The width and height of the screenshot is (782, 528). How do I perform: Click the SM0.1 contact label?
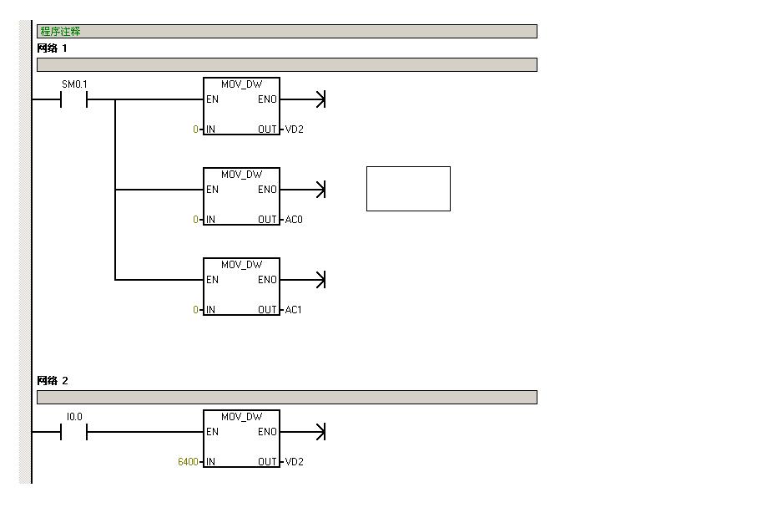click(x=74, y=84)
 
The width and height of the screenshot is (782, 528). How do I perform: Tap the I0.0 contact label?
click(x=74, y=417)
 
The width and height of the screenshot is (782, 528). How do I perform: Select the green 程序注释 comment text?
click(x=60, y=32)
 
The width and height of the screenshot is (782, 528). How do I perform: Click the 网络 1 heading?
click(x=52, y=48)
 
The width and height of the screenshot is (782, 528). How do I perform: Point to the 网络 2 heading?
click(x=53, y=381)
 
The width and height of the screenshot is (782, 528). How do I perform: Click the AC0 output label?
click(x=294, y=220)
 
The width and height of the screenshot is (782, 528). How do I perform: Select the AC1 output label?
click(x=293, y=310)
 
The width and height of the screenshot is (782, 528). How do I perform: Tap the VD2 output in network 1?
click(x=295, y=129)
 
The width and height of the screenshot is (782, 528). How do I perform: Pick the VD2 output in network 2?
click(x=295, y=462)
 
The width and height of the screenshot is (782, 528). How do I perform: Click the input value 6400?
click(x=188, y=462)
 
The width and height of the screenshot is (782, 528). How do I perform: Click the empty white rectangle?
click(x=408, y=189)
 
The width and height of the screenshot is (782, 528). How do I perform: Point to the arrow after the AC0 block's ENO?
click(x=303, y=190)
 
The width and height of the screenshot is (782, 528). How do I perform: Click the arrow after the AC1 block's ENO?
click(x=303, y=280)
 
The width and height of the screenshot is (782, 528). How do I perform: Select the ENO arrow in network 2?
click(x=303, y=432)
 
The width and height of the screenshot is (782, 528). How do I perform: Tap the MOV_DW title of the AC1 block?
click(x=241, y=265)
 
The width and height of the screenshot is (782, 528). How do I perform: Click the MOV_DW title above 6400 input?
click(x=241, y=417)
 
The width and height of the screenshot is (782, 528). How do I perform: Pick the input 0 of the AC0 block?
click(x=195, y=220)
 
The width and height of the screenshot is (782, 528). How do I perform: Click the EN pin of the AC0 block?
click(x=213, y=190)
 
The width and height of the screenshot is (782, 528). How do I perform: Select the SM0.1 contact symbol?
click(x=73, y=99)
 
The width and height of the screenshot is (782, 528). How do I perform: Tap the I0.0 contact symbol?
click(x=73, y=432)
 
